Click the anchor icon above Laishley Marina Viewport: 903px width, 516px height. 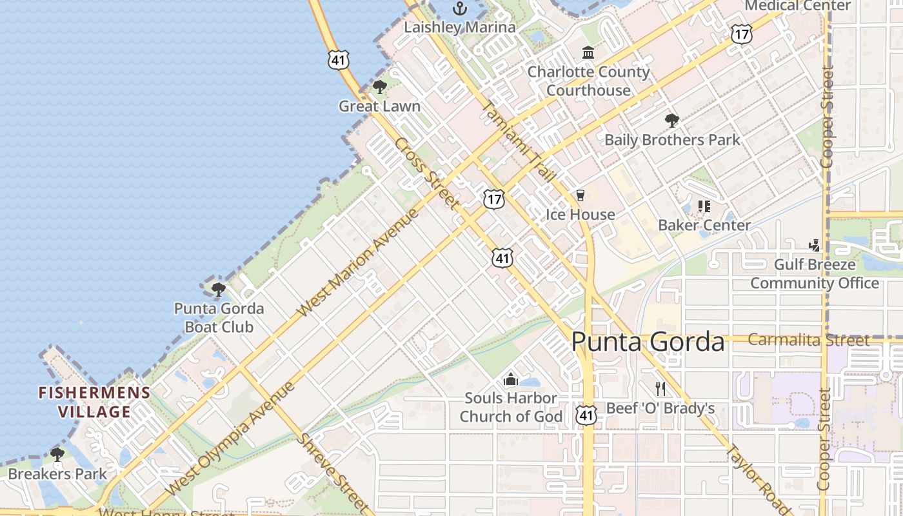coord(459,8)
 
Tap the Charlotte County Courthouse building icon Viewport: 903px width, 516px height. coord(588,52)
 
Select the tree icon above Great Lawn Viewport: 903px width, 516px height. coord(380,87)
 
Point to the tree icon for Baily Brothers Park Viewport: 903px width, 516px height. coord(671,120)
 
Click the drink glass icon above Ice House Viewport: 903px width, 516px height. coord(580,195)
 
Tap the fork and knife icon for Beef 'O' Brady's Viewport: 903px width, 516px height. coord(660,388)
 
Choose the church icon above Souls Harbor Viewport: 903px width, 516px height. coord(511,379)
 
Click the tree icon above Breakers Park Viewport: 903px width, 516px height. coord(57,455)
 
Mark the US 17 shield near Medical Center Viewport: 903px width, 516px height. coord(742,34)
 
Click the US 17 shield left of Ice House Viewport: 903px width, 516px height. coord(493,199)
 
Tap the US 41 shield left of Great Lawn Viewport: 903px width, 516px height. coord(338,60)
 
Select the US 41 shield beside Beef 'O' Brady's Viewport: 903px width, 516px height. coord(586,414)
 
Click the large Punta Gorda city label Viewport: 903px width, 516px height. coord(648,341)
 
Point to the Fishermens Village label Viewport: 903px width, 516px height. coord(94,402)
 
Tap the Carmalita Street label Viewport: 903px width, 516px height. coord(809,340)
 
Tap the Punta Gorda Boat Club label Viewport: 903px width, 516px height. coord(219,317)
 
